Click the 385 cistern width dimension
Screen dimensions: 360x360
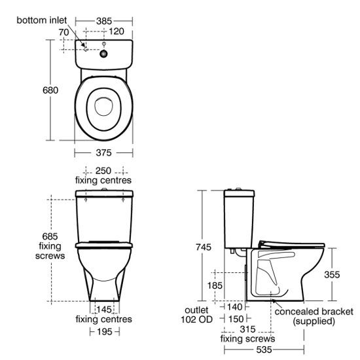104,21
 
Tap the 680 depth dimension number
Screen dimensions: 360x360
50,90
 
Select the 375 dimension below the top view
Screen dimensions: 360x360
103,153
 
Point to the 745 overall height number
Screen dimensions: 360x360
204,247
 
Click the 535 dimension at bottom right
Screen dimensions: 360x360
264,350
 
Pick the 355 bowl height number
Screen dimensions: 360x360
332,275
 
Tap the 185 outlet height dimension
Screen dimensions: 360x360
215,285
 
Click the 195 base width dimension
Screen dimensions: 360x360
105,332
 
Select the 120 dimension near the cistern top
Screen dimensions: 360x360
116,31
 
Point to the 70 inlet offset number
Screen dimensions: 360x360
63,32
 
